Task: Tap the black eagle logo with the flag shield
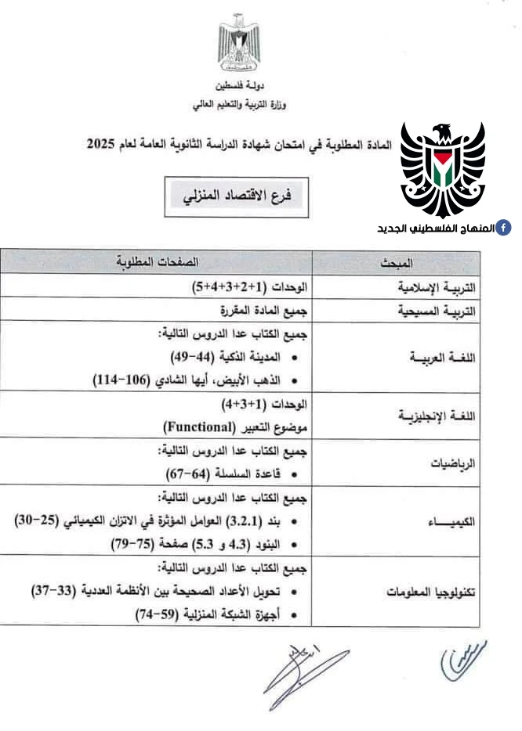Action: [x=444, y=167]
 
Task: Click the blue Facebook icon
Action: [x=506, y=228]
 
